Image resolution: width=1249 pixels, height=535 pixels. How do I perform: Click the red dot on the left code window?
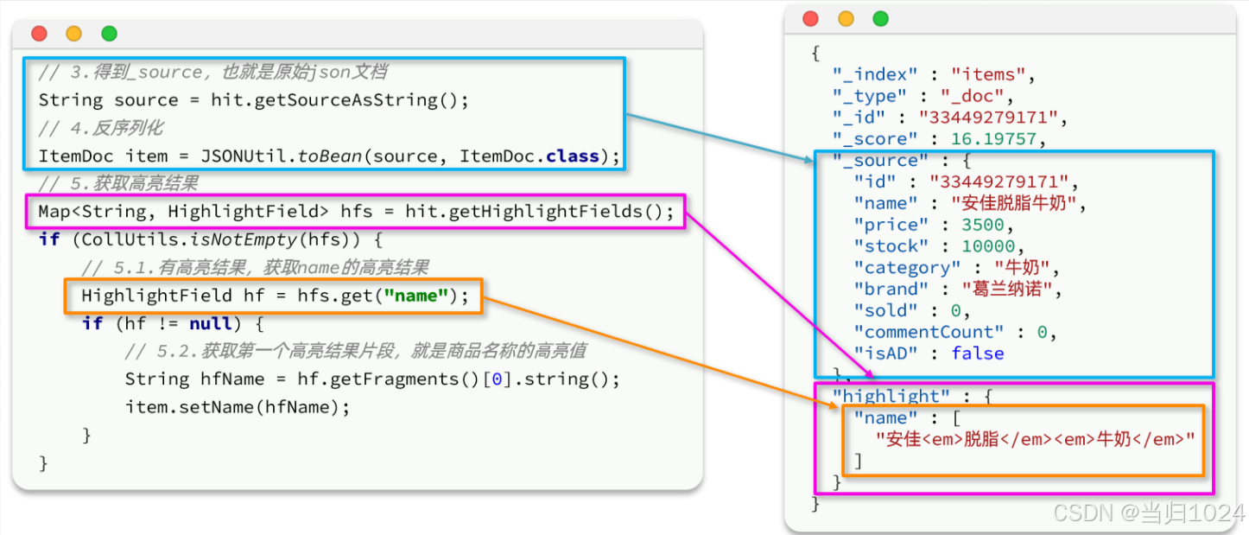pyautogui.click(x=39, y=34)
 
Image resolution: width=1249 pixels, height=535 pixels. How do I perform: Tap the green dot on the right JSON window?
pyautogui.click(x=880, y=19)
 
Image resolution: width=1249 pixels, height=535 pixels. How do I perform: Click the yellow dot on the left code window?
pyautogui.click(x=74, y=34)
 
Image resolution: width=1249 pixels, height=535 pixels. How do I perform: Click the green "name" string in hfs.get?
pyautogui.click(x=417, y=296)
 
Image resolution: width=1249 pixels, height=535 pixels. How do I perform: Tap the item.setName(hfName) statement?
pyautogui.click(x=238, y=407)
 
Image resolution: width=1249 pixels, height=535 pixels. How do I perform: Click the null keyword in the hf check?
pyautogui.click(x=212, y=324)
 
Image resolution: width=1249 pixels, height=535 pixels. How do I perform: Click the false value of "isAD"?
pyautogui.click(x=978, y=353)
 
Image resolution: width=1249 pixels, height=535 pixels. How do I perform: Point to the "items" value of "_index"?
pyautogui.click(x=987, y=75)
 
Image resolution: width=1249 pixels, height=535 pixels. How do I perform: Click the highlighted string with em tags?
pyautogui.click(x=1035, y=439)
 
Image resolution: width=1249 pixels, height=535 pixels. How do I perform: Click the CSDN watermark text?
pyautogui.click(x=1149, y=513)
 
